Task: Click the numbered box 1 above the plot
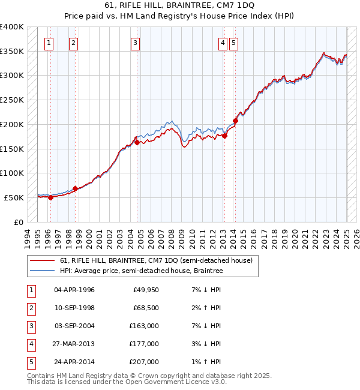(48, 43)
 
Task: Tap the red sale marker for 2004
(137, 142)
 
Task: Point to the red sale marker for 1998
(76, 188)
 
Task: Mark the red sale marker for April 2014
(235, 121)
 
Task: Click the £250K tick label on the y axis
(12, 100)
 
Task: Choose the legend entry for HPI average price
(141, 271)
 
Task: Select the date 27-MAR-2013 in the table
(74, 344)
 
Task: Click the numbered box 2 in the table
(31, 308)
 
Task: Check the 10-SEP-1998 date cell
(74, 308)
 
